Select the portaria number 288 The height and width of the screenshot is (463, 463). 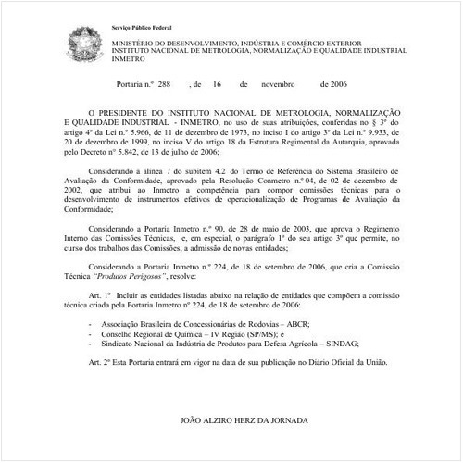click(x=165, y=83)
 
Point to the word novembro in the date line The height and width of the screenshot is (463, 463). click(x=279, y=83)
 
